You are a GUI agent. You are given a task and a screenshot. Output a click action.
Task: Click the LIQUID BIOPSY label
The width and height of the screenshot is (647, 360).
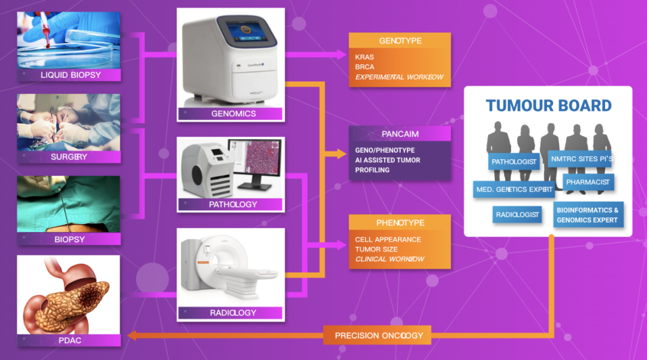pos(69,75)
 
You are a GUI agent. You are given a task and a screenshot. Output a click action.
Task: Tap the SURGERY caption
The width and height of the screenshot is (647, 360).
pos(69,157)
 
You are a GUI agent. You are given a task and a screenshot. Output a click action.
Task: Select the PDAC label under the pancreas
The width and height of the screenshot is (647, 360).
pos(69,340)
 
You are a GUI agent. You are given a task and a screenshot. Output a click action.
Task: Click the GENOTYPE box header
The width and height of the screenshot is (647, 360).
pos(400,41)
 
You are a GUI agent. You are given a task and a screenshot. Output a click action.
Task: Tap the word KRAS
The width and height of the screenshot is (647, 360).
pos(364,58)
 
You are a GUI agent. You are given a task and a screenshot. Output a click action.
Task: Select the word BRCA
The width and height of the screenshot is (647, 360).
pos(364,67)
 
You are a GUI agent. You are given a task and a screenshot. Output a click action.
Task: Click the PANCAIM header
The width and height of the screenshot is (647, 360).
pos(400,134)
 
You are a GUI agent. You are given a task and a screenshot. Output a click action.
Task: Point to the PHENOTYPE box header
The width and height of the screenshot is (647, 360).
pos(400,223)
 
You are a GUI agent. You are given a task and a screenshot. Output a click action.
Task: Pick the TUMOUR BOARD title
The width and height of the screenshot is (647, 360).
pos(548,106)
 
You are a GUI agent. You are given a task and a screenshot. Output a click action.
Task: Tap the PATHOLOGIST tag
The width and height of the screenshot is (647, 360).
pos(513,162)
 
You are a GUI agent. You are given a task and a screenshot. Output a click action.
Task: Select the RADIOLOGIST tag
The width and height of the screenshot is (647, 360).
pos(517,214)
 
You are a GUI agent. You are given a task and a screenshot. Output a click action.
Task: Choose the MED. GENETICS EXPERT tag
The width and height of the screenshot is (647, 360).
pos(514,190)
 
